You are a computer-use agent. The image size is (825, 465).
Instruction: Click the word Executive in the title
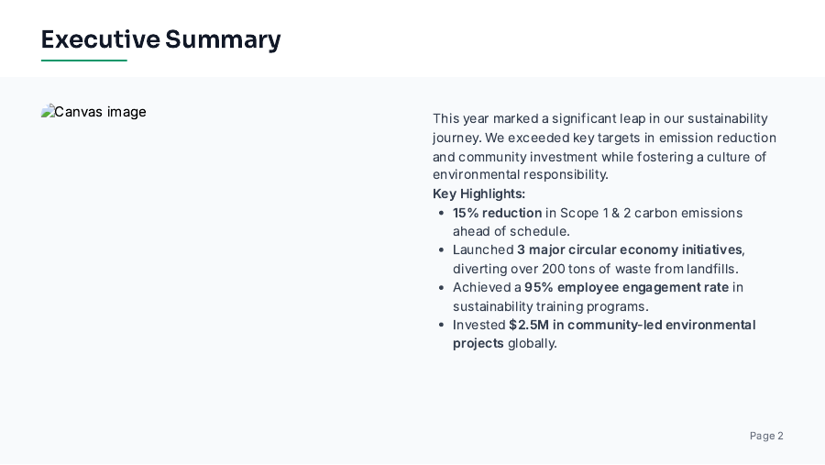(x=100, y=39)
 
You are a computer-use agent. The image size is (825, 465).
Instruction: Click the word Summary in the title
(x=223, y=39)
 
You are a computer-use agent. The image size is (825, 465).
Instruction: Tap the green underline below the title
(x=83, y=61)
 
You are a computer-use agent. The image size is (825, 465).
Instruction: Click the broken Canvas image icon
(x=47, y=112)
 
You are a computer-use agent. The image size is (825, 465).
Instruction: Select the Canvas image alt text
(x=100, y=112)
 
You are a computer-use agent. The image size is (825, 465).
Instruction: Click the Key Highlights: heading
(x=478, y=194)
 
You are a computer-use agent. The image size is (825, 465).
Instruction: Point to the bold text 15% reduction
(x=497, y=213)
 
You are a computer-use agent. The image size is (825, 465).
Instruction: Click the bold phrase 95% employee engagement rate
(x=626, y=287)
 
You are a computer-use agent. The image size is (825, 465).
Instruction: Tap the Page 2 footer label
(x=766, y=436)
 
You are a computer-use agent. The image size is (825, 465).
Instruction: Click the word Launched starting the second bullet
(x=483, y=249)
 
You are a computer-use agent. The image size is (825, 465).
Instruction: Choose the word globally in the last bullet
(x=532, y=343)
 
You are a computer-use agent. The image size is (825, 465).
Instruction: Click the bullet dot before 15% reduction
(x=443, y=213)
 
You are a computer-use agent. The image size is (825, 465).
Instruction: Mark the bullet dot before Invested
(x=443, y=325)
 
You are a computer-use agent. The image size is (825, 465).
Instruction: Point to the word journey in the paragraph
(x=456, y=138)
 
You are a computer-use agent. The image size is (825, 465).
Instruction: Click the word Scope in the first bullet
(x=578, y=213)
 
